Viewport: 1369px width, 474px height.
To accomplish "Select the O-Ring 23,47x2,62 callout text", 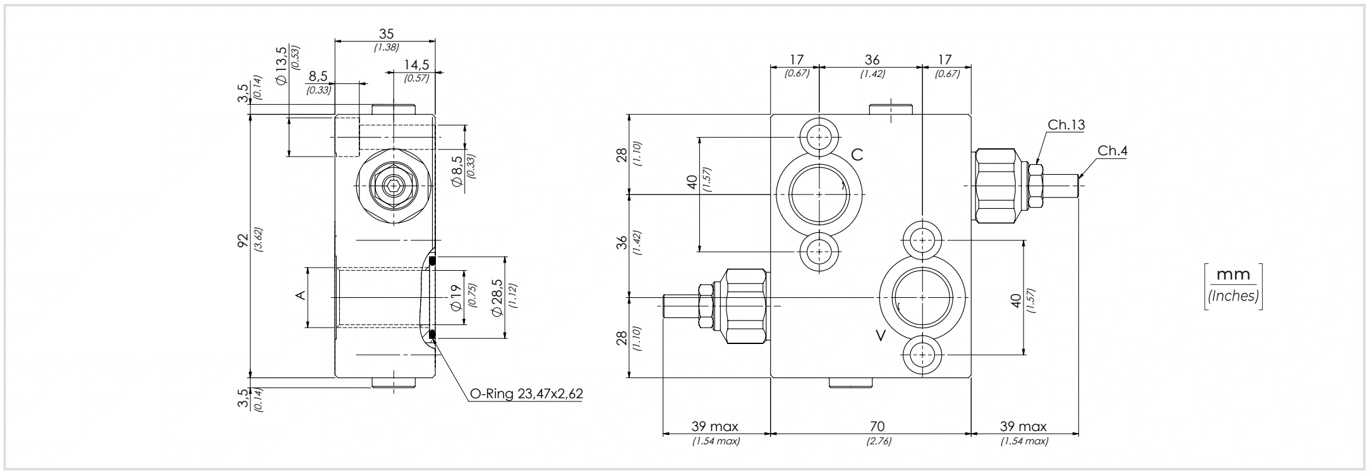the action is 526,394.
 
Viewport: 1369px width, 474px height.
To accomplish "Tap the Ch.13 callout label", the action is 1066,125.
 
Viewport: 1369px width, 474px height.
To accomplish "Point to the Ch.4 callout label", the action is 1113,151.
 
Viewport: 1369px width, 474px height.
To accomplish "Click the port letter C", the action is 857,155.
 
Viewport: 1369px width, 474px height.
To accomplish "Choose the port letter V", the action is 881,335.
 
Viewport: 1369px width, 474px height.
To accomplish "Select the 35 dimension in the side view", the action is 385,33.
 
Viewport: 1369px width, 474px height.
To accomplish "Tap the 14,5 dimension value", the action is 417,65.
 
